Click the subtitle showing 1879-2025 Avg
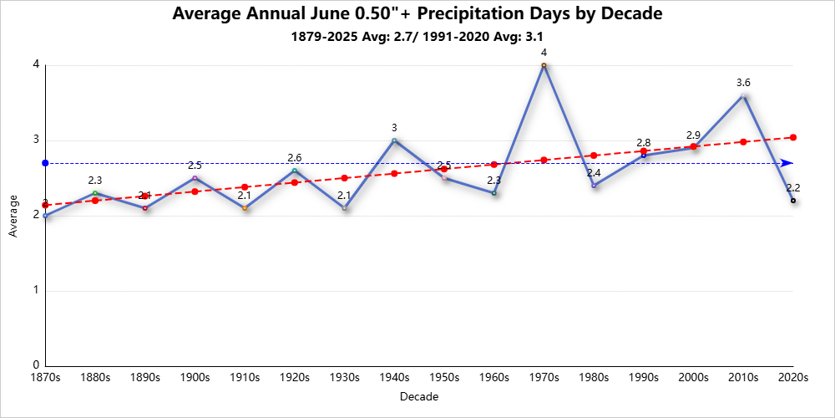point(417,37)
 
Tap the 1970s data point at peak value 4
point(544,65)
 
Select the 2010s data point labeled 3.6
point(743,96)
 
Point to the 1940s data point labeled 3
point(394,140)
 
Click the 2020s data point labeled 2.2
point(793,201)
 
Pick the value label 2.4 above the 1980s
point(594,173)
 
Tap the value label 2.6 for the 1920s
point(294,158)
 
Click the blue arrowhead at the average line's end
point(787,163)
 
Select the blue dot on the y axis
point(45,163)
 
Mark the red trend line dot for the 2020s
point(793,137)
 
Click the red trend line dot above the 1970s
point(544,160)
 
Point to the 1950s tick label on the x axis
point(444,378)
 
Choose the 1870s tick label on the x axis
point(45,378)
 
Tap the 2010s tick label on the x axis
point(743,378)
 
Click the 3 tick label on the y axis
point(36,140)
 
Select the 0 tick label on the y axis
point(36,366)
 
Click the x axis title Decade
point(419,396)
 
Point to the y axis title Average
point(13,216)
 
